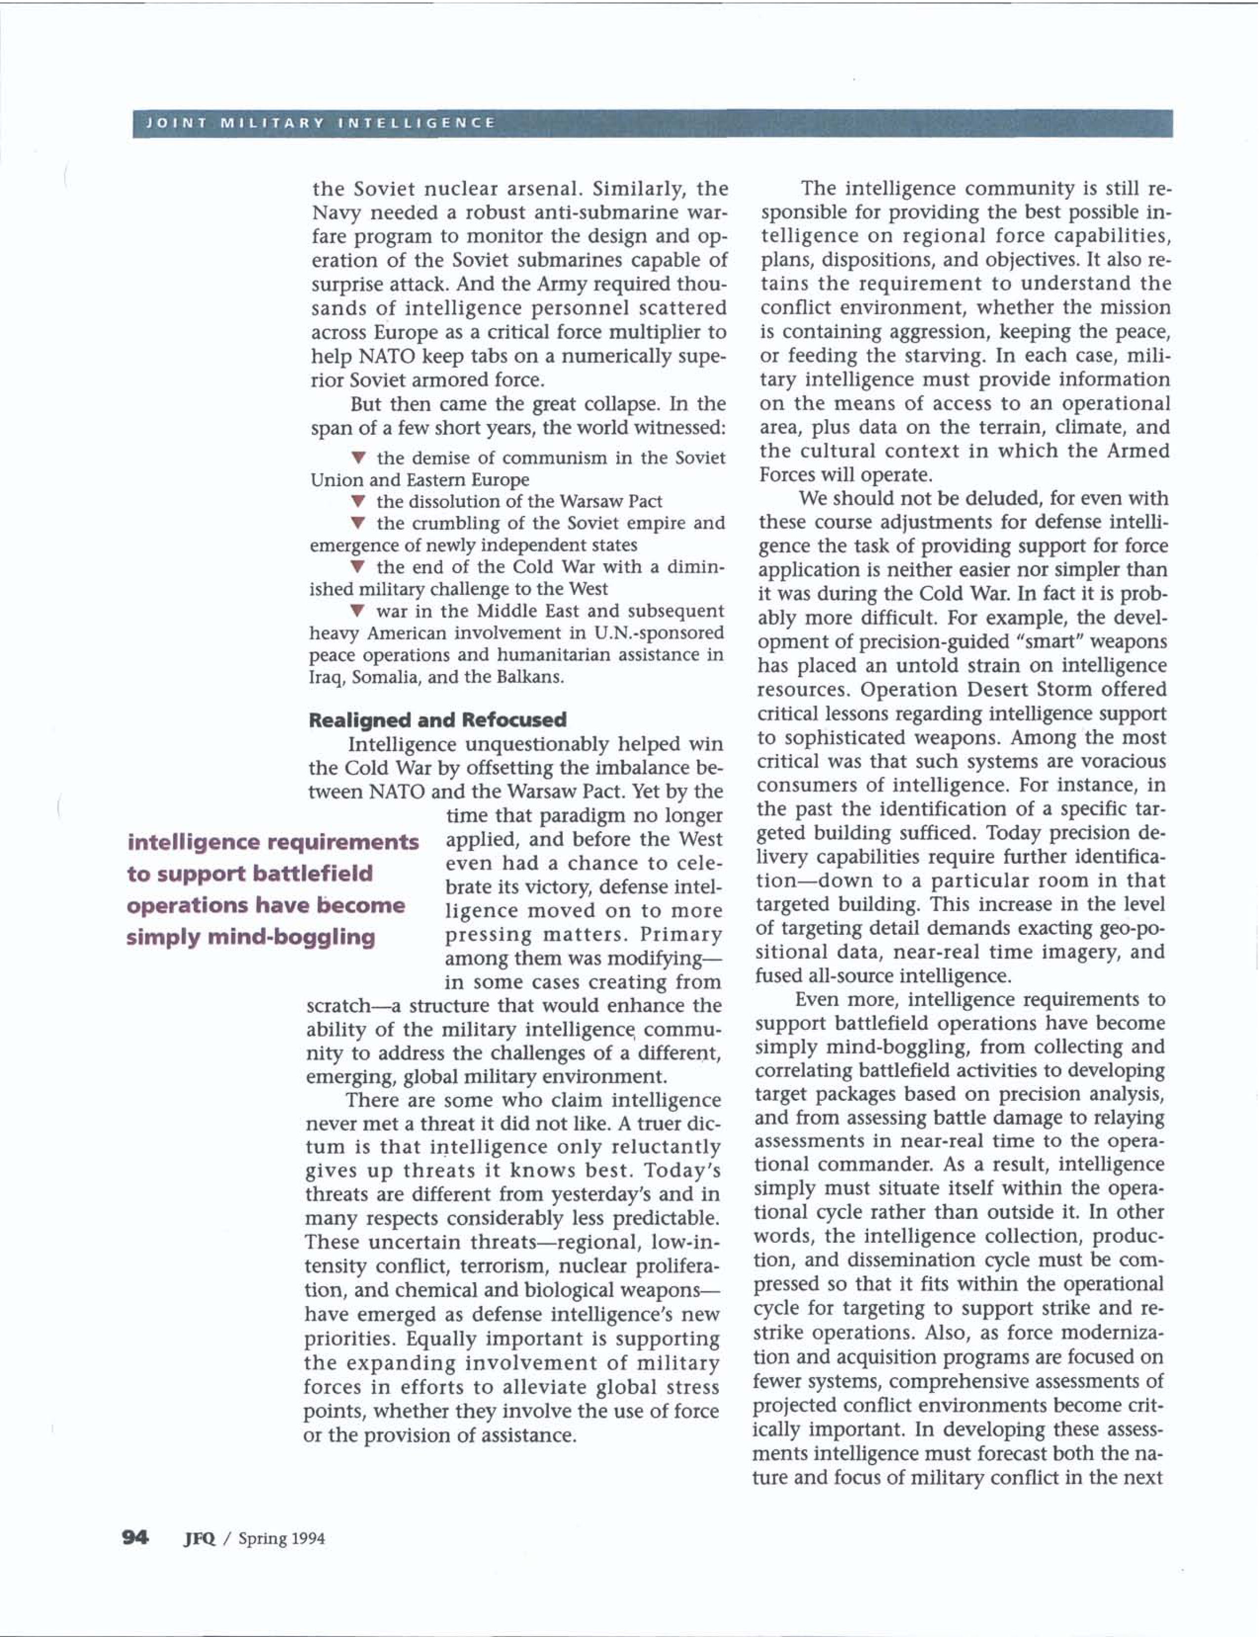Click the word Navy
pos(335,213)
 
